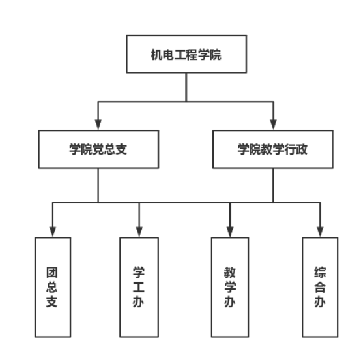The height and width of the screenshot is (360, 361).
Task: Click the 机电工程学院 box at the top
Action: [x=186, y=54]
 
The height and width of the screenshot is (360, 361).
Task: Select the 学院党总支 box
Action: [x=98, y=149]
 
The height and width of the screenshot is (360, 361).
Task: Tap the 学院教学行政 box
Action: [x=273, y=149]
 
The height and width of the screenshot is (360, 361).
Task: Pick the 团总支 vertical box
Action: [x=53, y=287]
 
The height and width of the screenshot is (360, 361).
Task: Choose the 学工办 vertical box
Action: [x=139, y=287]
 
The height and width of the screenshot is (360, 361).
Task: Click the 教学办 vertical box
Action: [x=230, y=287]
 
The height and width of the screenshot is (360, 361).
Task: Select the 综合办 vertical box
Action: [x=320, y=287]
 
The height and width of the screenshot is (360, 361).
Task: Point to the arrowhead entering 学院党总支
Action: [x=98, y=125]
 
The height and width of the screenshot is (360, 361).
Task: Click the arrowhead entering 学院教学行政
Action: [x=273, y=125]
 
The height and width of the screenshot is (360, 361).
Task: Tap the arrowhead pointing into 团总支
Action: [x=53, y=232]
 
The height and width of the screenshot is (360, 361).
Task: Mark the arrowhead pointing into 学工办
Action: [x=139, y=232]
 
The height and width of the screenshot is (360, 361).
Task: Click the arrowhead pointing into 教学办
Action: [x=230, y=232]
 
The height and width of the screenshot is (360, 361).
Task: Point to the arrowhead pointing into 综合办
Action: [x=320, y=232]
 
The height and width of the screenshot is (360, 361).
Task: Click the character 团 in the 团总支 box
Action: [x=52, y=273]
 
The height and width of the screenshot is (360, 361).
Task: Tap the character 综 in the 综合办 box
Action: [x=320, y=273]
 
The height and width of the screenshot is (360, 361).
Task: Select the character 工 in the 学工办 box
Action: [x=139, y=287]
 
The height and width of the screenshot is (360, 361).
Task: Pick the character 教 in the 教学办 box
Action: [x=230, y=273]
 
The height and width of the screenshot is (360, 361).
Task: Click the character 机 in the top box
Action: [x=157, y=55]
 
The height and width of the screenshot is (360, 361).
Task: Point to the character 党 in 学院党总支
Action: [x=98, y=149]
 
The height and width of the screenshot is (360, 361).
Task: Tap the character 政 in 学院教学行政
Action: [x=302, y=149]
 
